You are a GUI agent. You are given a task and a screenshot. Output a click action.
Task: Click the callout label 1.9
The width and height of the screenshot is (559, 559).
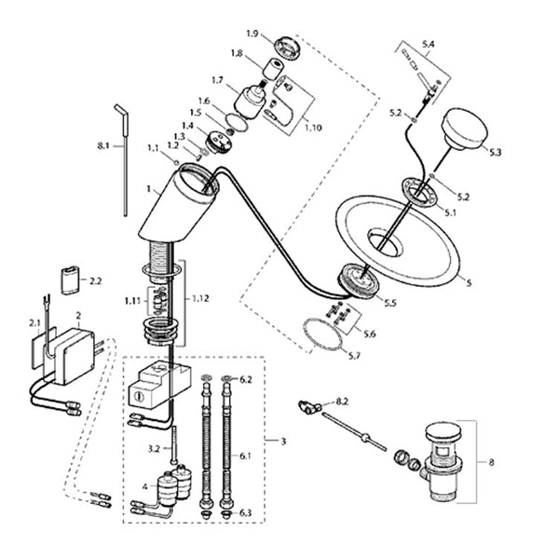pos(252,34)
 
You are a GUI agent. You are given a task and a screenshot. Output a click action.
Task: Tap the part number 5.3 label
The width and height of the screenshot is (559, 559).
pos(495,152)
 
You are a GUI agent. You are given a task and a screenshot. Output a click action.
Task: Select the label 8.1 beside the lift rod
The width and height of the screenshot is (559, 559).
pos(103,146)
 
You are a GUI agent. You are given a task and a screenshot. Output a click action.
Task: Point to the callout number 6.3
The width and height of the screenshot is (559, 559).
pos(245,512)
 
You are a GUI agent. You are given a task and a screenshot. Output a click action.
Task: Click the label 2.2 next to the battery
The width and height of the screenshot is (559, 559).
pos(95,281)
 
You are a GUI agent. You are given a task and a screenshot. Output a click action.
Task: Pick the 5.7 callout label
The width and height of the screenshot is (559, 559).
pos(353,356)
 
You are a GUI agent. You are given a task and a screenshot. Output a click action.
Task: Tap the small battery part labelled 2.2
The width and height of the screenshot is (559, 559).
pos(70,280)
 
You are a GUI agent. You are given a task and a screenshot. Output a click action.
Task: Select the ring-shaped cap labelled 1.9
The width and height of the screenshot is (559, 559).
pos(287,48)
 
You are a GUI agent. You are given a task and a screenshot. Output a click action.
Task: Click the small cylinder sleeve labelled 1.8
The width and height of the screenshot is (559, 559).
pos(273,68)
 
